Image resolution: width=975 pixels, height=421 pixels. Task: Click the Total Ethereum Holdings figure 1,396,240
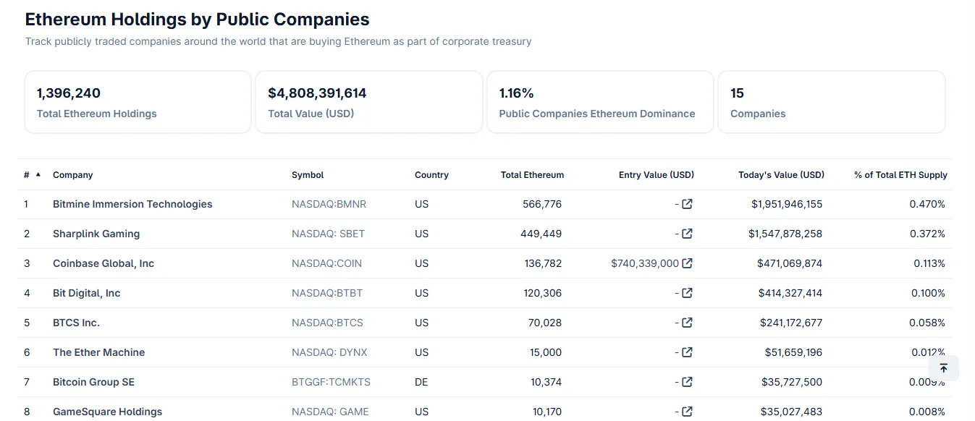click(69, 93)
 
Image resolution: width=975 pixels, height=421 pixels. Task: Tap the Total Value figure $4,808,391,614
click(317, 93)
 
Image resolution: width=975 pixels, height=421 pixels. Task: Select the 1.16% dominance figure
click(516, 93)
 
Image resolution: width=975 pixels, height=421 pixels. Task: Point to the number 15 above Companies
click(737, 93)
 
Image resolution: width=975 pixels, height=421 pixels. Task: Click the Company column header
click(72, 175)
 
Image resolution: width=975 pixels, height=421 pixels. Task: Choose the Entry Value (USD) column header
click(656, 175)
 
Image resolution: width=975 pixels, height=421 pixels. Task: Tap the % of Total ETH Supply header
click(900, 175)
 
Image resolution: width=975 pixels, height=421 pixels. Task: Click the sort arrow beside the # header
click(38, 174)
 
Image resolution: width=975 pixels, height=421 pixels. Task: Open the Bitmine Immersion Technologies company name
click(132, 204)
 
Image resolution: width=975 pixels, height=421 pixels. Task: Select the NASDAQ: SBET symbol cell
click(328, 234)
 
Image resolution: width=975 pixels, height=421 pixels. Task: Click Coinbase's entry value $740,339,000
click(645, 263)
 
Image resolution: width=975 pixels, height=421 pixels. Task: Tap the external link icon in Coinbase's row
click(688, 263)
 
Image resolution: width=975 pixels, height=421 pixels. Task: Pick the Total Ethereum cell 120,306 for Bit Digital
click(543, 293)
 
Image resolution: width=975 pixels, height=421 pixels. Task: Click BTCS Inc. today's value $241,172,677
click(791, 323)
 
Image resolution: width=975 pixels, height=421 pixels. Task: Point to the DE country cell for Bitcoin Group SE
click(421, 382)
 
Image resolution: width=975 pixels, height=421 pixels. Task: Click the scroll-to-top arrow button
click(943, 368)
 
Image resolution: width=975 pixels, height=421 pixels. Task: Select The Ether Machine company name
click(98, 352)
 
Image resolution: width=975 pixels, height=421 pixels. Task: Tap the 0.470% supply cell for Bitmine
click(927, 204)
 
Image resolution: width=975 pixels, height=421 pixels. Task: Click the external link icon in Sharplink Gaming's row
click(688, 234)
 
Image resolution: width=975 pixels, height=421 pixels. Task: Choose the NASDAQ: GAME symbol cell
click(330, 412)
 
